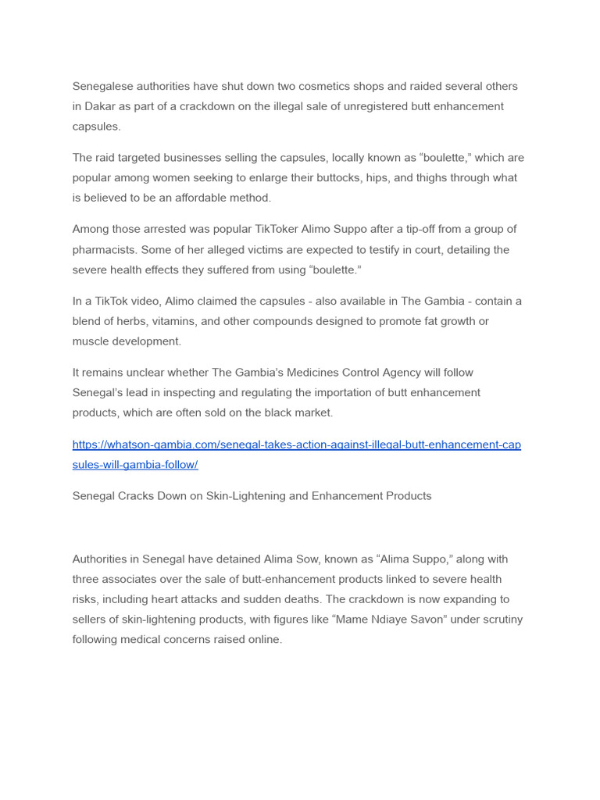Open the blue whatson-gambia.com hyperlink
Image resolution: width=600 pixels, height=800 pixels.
(296, 445)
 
